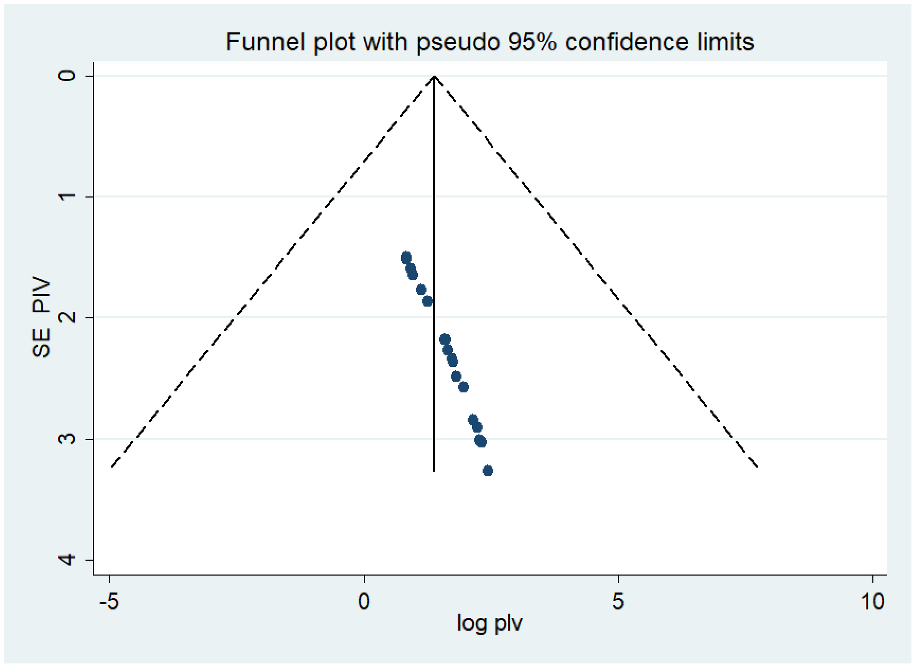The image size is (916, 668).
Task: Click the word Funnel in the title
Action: (265, 42)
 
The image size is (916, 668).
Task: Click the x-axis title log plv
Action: (490, 622)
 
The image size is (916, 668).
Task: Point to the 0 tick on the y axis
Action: (67, 76)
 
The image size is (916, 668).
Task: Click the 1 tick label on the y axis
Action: (67, 196)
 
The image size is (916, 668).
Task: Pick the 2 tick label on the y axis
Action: (67, 317)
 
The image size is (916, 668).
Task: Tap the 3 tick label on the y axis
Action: (67, 439)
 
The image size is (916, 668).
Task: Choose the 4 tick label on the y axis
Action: (67, 560)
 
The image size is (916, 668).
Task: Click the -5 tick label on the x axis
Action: (109, 601)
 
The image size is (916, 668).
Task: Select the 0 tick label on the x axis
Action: (364, 601)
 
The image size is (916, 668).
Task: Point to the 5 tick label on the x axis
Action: (618, 601)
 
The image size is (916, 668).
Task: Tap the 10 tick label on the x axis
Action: (873, 601)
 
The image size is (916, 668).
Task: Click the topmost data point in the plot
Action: (406, 258)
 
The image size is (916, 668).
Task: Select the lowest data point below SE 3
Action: (488, 470)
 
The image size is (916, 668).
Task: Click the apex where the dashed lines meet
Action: (434, 76)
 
